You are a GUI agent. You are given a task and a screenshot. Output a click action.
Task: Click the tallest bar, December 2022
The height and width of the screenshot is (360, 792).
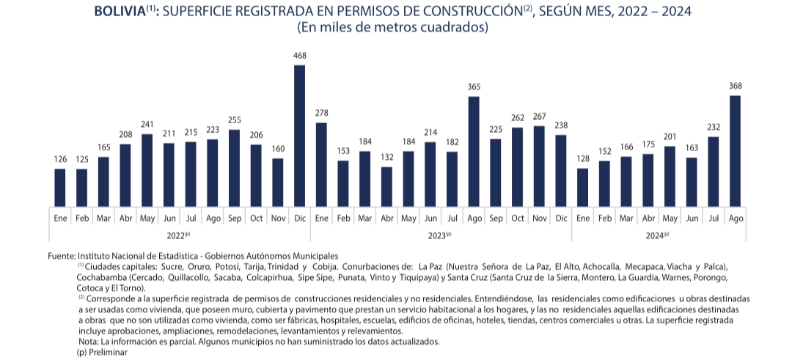tap(299, 136)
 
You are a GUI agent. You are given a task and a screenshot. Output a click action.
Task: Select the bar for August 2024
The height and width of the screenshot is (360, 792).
tap(735, 150)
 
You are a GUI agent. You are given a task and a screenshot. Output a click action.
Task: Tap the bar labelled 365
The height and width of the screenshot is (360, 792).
tap(474, 151)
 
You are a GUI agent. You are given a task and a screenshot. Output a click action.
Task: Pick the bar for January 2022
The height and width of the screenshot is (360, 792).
tap(59, 188)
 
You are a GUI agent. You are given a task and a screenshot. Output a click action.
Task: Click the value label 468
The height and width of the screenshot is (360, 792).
tap(299, 56)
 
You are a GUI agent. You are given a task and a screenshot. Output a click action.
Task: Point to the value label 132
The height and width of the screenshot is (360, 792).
tap(386, 157)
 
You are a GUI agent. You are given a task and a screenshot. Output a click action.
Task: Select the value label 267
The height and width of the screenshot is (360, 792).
tap(539, 117)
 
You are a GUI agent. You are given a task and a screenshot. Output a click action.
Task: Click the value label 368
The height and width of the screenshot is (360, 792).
tap(735, 86)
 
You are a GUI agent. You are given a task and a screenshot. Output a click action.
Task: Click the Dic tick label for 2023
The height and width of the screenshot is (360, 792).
tap(561, 218)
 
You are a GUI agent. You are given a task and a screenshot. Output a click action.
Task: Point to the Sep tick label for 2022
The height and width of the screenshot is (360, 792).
tap(234, 218)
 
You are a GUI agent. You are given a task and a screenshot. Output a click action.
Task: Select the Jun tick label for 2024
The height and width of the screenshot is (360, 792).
tap(692, 218)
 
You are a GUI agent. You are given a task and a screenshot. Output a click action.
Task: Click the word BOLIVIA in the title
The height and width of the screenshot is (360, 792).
tap(120, 12)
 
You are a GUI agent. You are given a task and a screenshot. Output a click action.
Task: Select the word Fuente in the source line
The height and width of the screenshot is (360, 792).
tap(62, 254)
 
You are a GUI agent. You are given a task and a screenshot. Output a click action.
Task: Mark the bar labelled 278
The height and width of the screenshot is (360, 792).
tap(321, 164)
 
